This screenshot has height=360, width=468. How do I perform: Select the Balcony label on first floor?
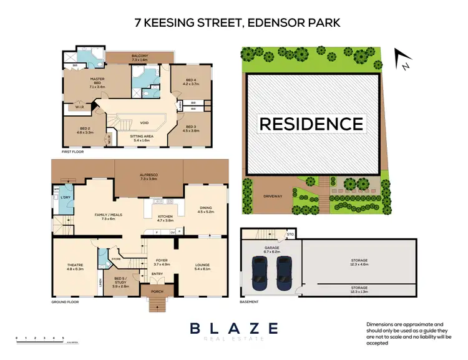[x=140, y=57]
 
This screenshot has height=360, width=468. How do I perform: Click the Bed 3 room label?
[x=191, y=128]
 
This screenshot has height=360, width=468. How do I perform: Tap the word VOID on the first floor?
[x=144, y=123]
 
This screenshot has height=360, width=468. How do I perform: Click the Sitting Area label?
[x=141, y=137]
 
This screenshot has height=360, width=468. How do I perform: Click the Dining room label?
[x=206, y=210]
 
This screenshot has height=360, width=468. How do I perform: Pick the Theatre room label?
[x=75, y=266]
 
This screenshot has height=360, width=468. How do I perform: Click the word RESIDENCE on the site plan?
[x=311, y=124]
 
